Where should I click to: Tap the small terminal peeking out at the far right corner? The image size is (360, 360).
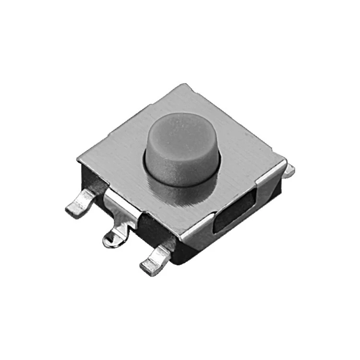(x=289, y=170)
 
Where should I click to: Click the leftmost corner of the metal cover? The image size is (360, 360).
(x=79, y=158)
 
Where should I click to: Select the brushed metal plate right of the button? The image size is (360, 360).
(x=245, y=154)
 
